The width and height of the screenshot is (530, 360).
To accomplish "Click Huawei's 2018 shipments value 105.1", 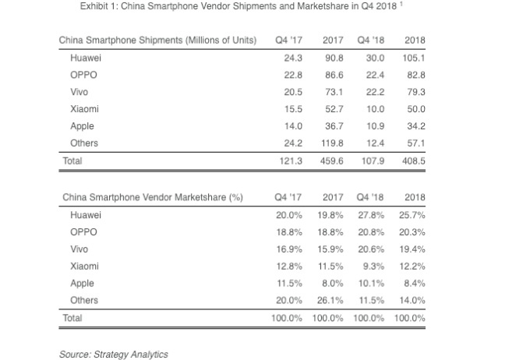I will (415, 57).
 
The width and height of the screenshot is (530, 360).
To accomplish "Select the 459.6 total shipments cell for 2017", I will (334, 161).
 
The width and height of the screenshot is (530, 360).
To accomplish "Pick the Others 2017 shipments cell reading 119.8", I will (334, 143).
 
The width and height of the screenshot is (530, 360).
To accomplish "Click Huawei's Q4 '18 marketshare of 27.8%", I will (370, 214).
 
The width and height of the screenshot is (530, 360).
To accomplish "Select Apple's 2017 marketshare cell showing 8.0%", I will (334, 284).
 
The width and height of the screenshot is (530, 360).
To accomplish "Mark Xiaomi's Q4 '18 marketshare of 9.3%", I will (373, 266).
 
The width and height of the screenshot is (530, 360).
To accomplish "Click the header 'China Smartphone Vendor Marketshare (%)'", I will (153, 197).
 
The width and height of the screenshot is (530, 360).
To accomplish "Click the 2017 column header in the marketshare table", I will (333, 197).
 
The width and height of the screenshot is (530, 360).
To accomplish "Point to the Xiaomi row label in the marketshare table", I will (84, 266).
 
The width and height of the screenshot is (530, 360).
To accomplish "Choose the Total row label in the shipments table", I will (72, 161).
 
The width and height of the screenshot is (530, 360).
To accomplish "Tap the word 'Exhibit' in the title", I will (95, 7).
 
